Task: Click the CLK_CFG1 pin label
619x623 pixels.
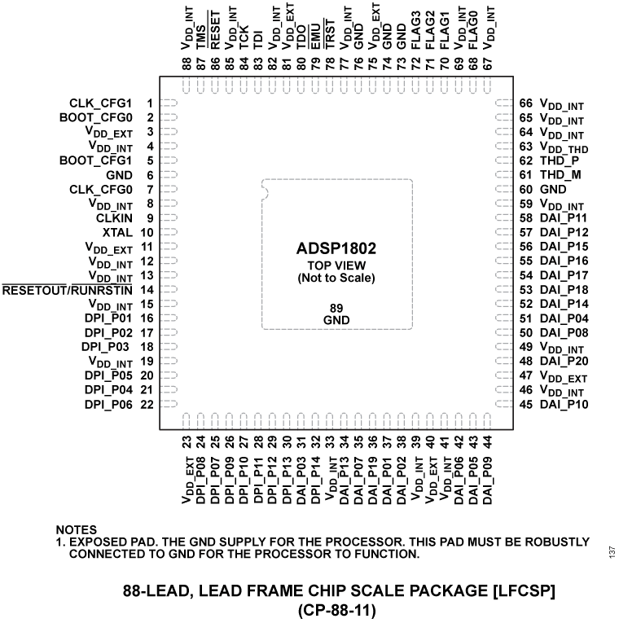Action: (x=102, y=103)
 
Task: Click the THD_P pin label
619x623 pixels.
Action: (x=559, y=160)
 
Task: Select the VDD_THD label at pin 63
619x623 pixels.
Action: (x=564, y=148)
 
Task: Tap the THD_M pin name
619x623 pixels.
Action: (x=560, y=175)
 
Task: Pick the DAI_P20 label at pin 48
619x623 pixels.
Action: (x=563, y=361)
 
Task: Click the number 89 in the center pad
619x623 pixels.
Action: (x=336, y=308)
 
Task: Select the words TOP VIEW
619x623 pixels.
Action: (x=336, y=265)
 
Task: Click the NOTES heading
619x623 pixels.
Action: (x=76, y=529)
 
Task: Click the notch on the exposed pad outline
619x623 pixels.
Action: (x=263, y=193)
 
